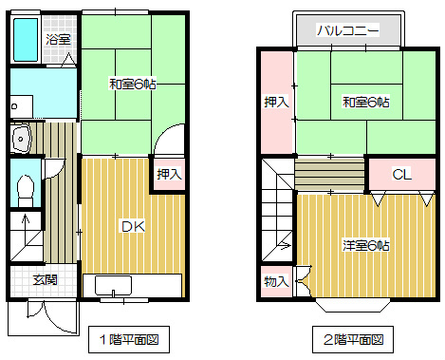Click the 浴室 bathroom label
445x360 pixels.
[59, 39]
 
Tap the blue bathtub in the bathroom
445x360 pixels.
[26, 39]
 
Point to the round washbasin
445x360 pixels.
[21, 141]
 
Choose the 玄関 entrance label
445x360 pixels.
[44, 280]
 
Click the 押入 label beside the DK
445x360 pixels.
[168, 174]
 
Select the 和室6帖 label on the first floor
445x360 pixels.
[132, 85]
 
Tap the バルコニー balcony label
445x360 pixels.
[348, 31]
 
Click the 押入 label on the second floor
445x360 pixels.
[275, 102]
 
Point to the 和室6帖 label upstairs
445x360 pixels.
[365, 102]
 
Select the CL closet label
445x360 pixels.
[400, 174]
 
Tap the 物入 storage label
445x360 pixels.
[275, 281]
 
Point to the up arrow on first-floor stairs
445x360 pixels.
[26, 228]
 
